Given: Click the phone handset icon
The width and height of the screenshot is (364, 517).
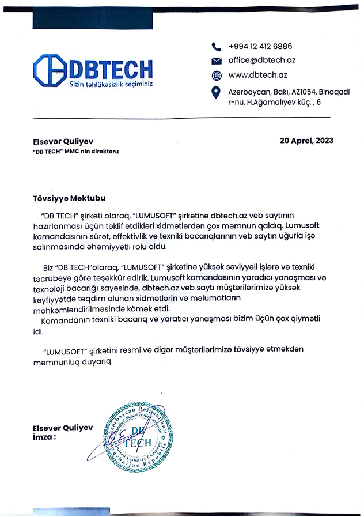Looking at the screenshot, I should point(217,47).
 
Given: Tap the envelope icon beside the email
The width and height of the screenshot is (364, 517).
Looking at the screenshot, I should point(217,61).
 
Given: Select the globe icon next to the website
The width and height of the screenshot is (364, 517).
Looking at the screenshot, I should point(217,76).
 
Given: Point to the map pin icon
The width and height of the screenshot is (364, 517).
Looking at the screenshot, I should point(217,92).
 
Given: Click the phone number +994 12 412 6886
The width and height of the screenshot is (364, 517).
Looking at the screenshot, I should point(260,46).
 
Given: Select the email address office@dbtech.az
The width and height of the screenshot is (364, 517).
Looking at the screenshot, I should point(262,60).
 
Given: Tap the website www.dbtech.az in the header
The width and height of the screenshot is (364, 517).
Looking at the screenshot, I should point(258,74).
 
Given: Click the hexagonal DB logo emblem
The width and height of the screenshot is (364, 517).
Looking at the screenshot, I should point(50,70).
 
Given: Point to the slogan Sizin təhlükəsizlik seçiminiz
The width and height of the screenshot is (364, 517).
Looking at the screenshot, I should point(111,84).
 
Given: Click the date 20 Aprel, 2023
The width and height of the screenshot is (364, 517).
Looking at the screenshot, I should point(306,140).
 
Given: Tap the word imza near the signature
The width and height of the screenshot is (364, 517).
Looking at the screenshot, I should point(44,437).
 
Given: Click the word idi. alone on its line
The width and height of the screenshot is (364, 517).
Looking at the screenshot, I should point(39,333).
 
